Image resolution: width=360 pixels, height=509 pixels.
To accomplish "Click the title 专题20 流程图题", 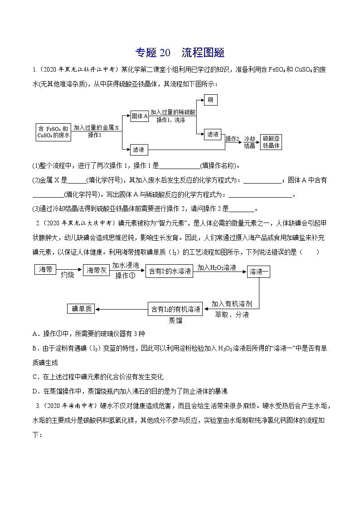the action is tap(180, 53).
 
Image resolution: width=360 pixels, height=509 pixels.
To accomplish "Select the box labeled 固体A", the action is tap(140, 116).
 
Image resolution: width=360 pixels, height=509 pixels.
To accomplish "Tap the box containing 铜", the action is tap(210, 100).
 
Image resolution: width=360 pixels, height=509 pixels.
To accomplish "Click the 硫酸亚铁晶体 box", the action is tap(272, 142).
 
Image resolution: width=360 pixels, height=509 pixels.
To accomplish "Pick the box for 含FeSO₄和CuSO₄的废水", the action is tap(54, 132).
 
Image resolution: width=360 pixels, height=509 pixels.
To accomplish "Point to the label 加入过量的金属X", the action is tap(96, 128).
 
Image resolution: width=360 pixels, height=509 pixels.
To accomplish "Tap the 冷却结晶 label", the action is tap(250, 142).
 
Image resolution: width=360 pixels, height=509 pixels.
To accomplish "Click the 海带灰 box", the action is tap(97, 271).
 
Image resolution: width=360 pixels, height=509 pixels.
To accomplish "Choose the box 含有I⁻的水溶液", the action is tap(170, 272).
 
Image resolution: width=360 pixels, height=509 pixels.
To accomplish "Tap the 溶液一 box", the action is tap(259, 272).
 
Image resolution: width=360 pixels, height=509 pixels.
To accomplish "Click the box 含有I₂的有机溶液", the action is tap(175, 309).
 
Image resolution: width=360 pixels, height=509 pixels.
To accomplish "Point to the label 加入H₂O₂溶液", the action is tap(217, 268).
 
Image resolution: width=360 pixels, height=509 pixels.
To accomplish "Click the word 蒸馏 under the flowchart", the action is tap(175, 320).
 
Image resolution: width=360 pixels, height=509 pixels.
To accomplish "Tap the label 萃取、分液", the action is tap(232, 314).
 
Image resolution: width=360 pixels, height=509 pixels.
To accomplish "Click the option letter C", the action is tap(36, 377).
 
